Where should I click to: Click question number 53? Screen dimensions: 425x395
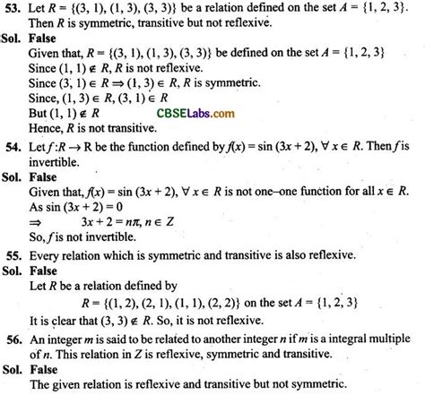coord(12,8)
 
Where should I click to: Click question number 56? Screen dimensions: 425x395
coord(12,339)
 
